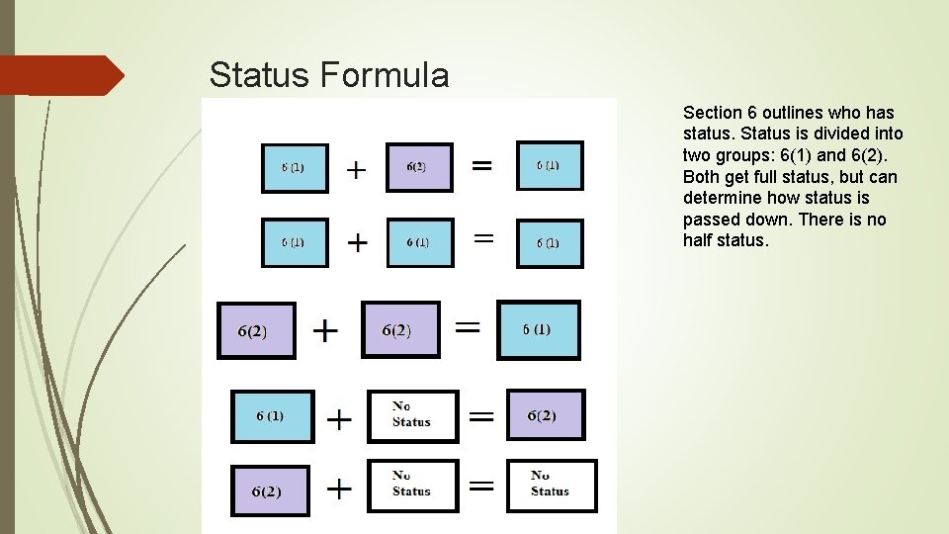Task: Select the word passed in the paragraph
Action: click(710, 220)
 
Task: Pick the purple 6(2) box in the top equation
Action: click(418, 167)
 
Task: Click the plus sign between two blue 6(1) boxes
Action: click(356, 241)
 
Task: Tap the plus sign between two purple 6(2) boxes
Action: click(325, 329)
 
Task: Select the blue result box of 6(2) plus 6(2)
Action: click(538, 329)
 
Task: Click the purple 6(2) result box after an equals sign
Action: click(545, 415)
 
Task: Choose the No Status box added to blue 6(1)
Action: click(412, 415)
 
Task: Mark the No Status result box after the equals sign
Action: click(552, 485)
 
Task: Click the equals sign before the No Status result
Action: click(481, 485)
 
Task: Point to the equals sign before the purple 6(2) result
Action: click(481, 417)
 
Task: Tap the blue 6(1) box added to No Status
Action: click(272, 416)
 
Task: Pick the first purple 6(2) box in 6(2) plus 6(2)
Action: click(255, 330)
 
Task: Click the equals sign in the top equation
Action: click(481, 165)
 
